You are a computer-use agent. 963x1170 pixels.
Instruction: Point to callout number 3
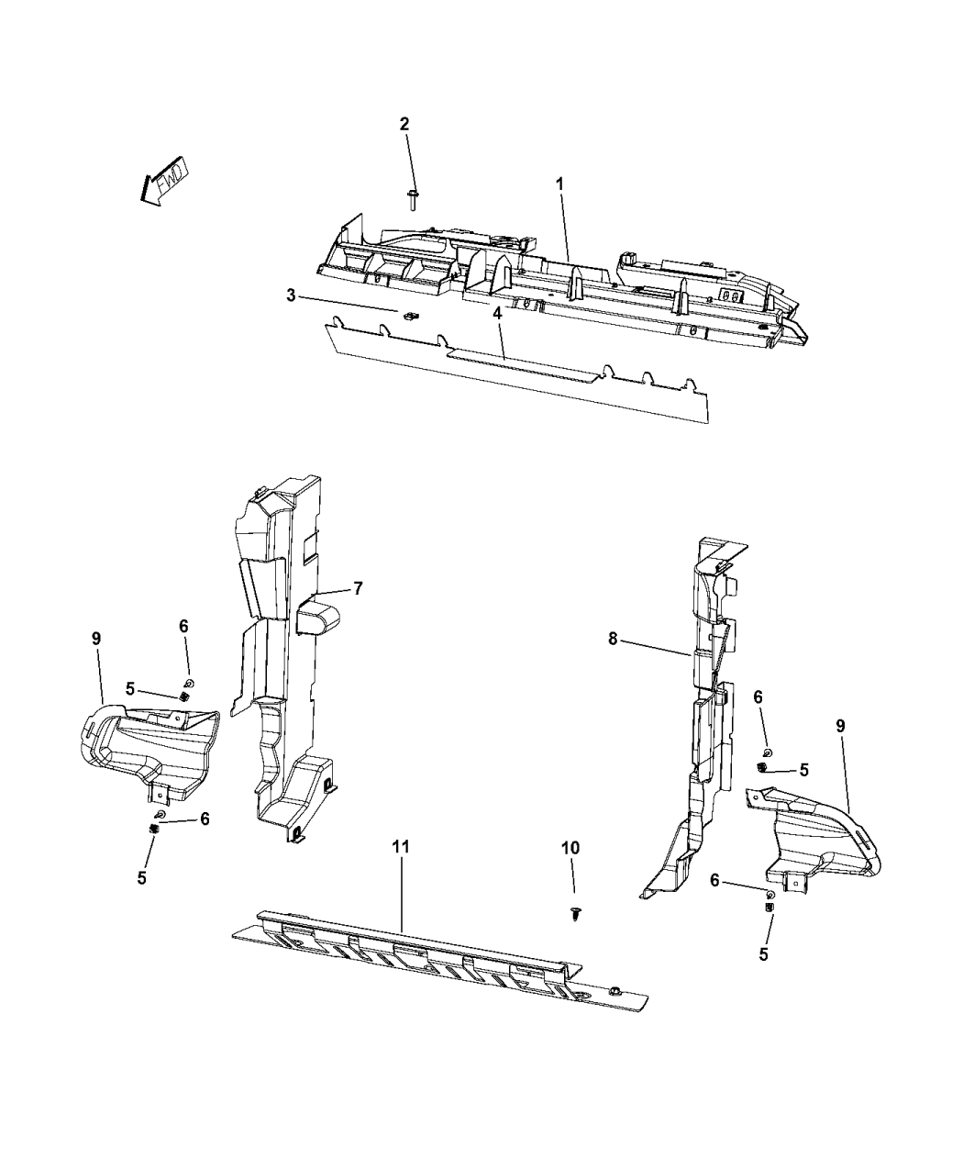[x=291, y=295]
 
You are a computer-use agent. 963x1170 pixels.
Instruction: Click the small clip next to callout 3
[x=409, y=317]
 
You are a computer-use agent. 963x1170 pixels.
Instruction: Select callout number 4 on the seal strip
[x=497, y=313]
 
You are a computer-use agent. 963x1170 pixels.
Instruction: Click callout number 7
[x=358, y=588]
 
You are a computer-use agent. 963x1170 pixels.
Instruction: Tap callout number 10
[x=570, y=848]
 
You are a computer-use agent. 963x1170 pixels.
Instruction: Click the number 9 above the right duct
[x=840, y=725]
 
